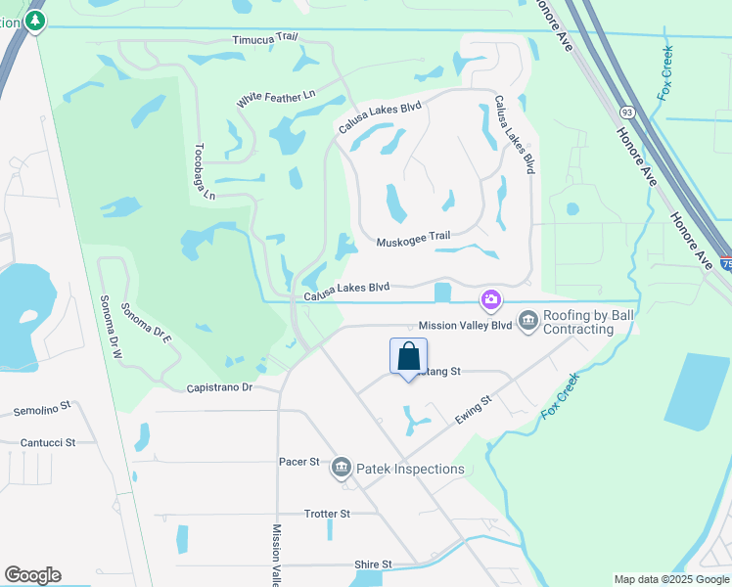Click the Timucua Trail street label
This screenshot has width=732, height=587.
[x=264, y=39]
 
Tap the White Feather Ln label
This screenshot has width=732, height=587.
[x=276, y=99]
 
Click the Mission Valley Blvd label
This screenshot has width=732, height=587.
[x=465, y=325]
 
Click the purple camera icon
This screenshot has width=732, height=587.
[x=490, y=298]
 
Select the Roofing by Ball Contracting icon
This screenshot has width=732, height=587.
[x=528, y=321]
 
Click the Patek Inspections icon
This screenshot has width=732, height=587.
[x=341, y=469]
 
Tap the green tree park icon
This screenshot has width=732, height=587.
[x=36, y=21]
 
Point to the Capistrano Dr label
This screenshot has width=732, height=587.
[x=220, y=388]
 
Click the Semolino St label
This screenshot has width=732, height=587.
[x=42, y=405]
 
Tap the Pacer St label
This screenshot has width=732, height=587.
[x=299, y=461]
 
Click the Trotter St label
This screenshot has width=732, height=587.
[x=327, y=514]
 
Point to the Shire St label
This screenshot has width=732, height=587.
[x=373, y=564]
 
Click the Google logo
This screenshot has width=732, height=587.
[x=32, y=575]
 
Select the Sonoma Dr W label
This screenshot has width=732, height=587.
[x=109, y=327]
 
